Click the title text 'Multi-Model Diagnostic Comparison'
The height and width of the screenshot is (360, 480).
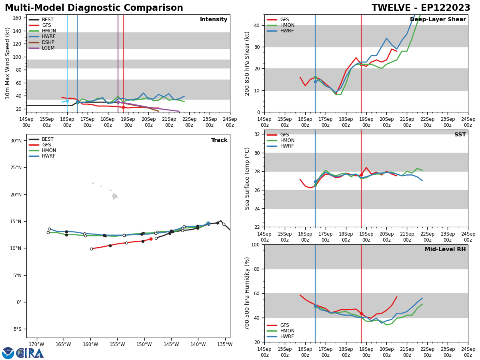point(94,8)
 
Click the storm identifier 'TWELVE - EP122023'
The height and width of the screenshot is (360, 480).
point(421,8)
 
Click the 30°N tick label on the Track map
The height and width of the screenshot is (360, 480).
point(16,140)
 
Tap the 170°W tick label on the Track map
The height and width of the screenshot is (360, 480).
point(36,344)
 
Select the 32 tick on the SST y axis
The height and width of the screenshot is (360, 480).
point(258,134)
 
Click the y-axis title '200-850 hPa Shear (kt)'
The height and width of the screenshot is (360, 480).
point(247,63)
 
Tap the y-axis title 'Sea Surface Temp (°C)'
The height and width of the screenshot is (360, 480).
point(247,178)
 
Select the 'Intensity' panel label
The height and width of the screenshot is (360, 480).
point(214,20)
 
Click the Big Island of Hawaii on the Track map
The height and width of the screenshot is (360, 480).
point(115,196)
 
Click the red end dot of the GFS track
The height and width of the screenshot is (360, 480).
point(151,239)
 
